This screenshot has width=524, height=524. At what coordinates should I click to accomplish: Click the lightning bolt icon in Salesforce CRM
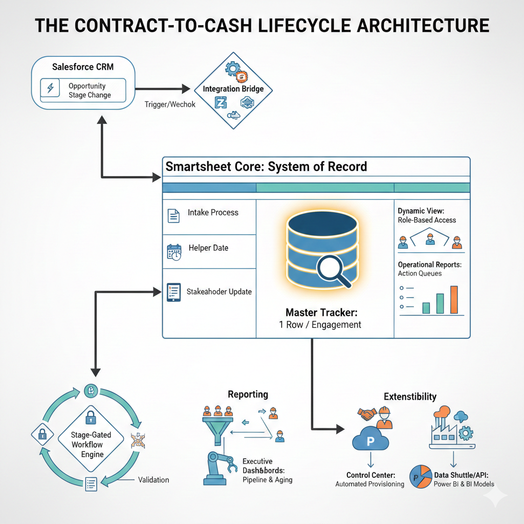tap(50, 89)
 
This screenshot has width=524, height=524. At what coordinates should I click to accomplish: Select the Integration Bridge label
tap(233, 89)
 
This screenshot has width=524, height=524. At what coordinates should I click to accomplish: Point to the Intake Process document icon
tap(174, 215)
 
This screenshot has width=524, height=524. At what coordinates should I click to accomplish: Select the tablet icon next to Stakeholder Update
tap(173, 293)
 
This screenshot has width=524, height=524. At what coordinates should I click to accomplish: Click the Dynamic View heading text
tap(421, 210)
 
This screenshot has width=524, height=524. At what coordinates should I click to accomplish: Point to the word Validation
tap(153, 480)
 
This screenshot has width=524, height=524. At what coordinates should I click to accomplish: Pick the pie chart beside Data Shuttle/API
tap(421, 475)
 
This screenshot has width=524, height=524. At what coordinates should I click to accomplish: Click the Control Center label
tap(369, 475)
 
